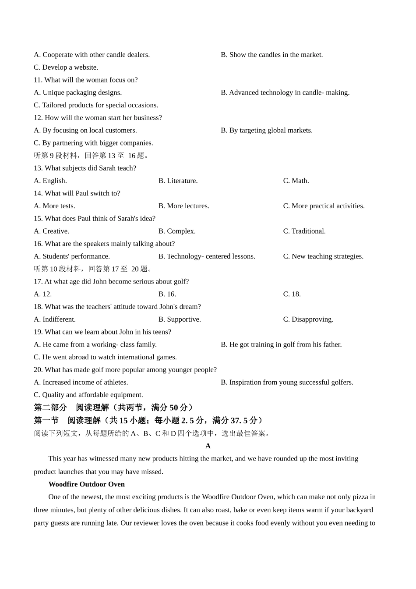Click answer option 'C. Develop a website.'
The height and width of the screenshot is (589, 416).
coord(66,67)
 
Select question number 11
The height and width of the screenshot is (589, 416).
coord(38,80)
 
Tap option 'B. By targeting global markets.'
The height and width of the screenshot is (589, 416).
coord(266,130)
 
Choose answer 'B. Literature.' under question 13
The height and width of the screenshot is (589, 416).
coord(178,181)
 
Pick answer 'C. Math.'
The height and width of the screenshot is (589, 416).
coord(296,181)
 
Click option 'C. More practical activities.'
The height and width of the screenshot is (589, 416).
coord(324,206)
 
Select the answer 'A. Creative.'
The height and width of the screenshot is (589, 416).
coord(51,231)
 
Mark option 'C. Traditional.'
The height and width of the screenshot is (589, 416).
coord(304,231)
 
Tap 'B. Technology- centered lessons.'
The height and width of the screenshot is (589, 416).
coord(207,256)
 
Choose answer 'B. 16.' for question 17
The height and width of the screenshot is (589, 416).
coord(167,294)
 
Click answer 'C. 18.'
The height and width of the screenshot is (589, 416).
coord(292,294)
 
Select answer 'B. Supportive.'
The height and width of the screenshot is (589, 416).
coord(180,319)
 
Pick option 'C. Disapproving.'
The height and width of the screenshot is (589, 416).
coord(308,319)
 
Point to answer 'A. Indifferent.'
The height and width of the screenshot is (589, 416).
coord(55,319)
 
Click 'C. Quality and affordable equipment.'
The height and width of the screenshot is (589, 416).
coord(88,395)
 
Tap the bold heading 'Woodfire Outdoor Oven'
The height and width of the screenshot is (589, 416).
coord(86,484)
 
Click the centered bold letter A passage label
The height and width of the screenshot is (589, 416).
coord(208,446)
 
